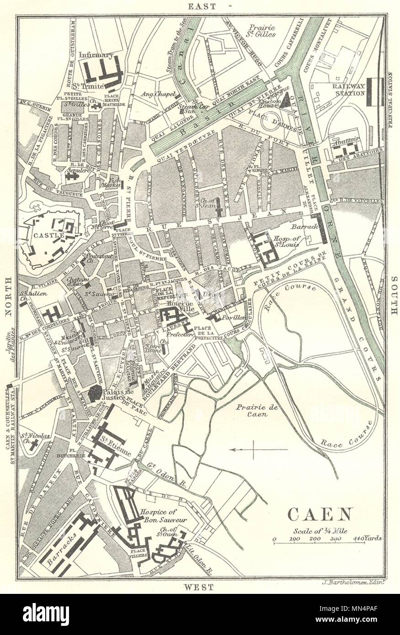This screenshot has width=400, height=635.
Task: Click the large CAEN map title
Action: (x=320, y=514)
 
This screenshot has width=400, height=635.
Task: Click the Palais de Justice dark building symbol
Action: (x=95, y=393)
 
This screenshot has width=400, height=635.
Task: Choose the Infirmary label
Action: (x=96, y=55)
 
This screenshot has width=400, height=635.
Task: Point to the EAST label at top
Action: (x=200, y=5)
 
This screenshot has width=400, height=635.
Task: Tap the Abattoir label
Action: (x=348, y=140)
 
